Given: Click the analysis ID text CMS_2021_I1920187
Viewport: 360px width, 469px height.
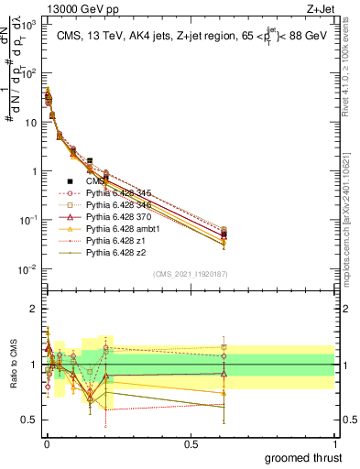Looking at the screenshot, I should coord(191,274).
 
